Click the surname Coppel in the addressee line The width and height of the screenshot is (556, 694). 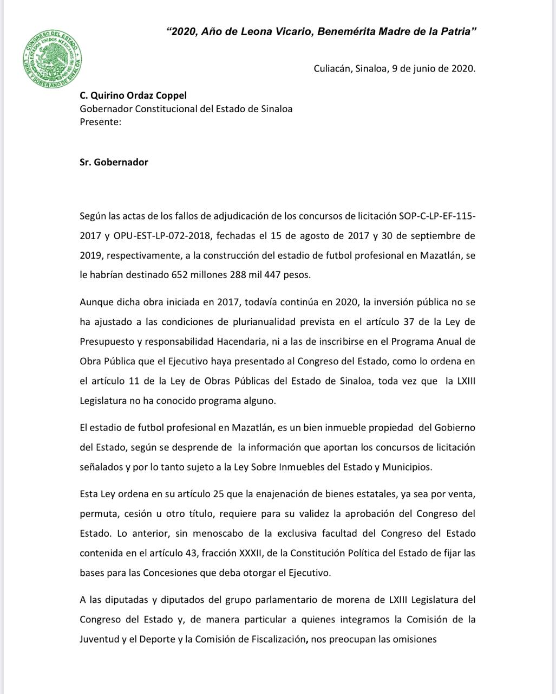pyautogui.click(x=171, y=95)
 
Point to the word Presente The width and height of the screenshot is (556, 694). pyautogui.click(x=100, y=122)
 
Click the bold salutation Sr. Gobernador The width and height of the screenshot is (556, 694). pyautogui.click(x=114, y=162)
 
